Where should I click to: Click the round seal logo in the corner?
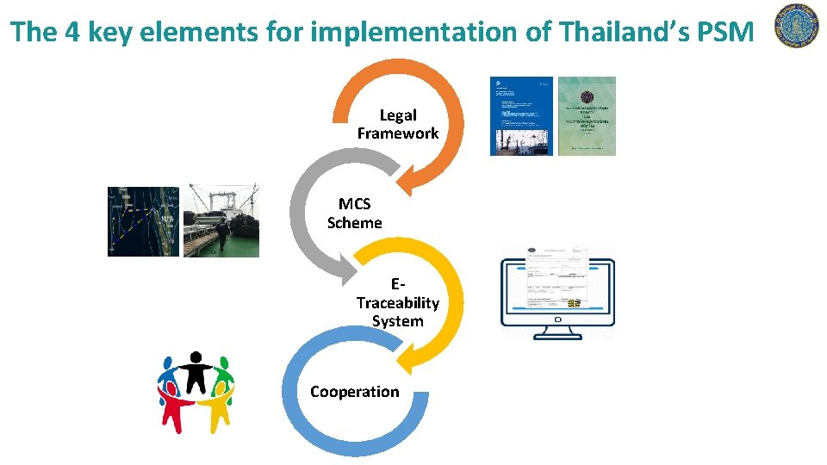[797, 26]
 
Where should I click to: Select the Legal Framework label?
[398, 124]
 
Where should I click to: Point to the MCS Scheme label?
[354, 213]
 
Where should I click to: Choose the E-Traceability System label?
[397, 302]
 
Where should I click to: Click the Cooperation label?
[354, 392]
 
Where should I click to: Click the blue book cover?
[521, 116]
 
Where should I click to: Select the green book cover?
[587, 116]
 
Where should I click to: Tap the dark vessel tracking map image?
[143, 221]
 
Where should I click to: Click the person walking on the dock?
[222, 234]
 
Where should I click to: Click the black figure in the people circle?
[196, 371]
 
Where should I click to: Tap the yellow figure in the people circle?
[216, 406]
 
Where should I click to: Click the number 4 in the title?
[69, 33]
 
